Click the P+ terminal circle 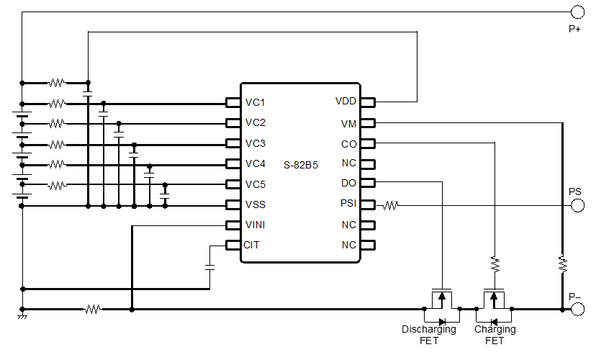[x=577, y=12]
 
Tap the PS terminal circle [x=577, y=205]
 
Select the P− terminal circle [x=577, y=310]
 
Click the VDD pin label [x=346, y=101]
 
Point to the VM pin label [x=348, y=124]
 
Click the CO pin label [x=349, y=144]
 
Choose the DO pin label [x=349, y=184]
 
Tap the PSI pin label [x=348, y=204]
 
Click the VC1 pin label [x=256, y=102]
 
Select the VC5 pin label [x=256, y=183]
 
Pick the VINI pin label [x=255, y=225]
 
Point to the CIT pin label [x=252, y=245]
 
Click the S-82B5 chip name [x=301, y=165]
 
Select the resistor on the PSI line [x=390, y=205]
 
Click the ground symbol [x=22, y=315]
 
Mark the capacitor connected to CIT [x=209, y=267]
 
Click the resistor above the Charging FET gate [x=495, y=264]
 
